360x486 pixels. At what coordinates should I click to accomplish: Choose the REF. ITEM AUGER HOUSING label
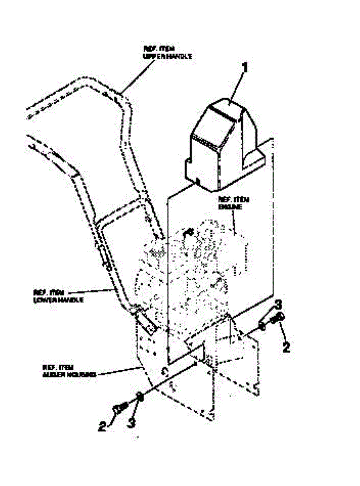[x=69, y=371]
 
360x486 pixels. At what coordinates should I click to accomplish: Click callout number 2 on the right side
[x=286, y=347]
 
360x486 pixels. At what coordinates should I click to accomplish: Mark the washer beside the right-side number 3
[x=262, y=325]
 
